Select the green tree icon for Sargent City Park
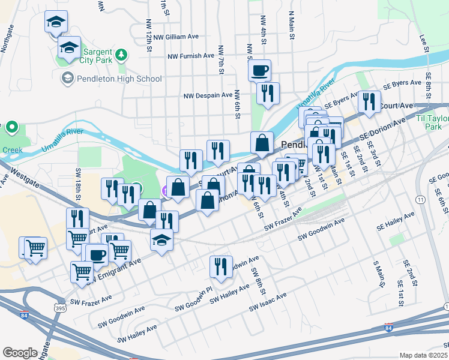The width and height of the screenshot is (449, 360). (122, 55)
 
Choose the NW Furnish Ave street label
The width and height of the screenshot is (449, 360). (191, 56)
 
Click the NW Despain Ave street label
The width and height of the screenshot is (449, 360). (208, 95)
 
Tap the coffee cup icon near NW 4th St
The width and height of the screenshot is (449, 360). (260, 71)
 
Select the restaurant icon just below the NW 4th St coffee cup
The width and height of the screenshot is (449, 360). (268, 93)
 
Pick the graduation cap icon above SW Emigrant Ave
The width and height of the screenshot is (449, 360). (161, 240)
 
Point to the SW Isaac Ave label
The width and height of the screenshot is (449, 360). (268, 303)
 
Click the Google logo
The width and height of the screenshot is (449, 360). (20, 353)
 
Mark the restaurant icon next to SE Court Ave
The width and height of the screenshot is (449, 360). (369, 102)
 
